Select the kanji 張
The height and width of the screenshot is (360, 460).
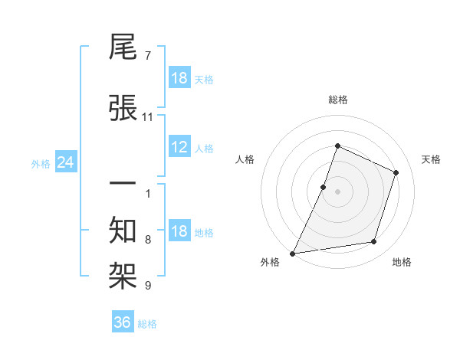(123, 107)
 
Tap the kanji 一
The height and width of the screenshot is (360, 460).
(123, 185)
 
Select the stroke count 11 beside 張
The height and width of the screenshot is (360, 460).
(148, 117)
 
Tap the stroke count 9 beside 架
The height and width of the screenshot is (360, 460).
(147, 286)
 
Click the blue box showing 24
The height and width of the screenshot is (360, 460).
(65, 162)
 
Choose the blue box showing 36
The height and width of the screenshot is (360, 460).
(123, 322)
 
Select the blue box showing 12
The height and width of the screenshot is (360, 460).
(179, 147)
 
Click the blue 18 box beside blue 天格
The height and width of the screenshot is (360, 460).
(179, 78)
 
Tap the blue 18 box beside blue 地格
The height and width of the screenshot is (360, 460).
(179, 232)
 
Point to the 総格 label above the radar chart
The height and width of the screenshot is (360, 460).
(337, 100)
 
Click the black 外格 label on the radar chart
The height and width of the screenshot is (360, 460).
(270, 262)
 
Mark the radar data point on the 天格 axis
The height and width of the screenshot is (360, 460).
(396, 172)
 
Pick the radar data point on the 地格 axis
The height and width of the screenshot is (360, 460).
(374, 242)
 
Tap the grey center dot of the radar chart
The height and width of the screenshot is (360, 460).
(337, 191)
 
